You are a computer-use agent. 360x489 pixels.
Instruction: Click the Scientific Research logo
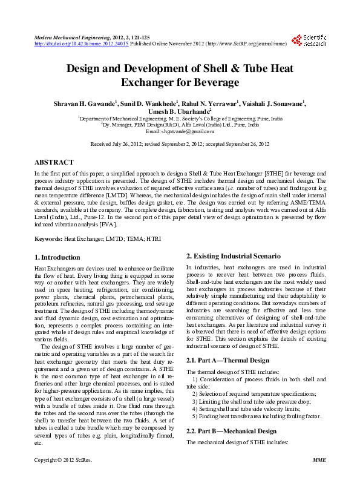coord(309,41)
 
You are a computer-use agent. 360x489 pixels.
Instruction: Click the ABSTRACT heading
coord(54,163)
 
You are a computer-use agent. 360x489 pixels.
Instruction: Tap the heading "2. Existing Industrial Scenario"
coord(233,257)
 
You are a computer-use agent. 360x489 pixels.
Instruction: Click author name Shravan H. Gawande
coord(77,103)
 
